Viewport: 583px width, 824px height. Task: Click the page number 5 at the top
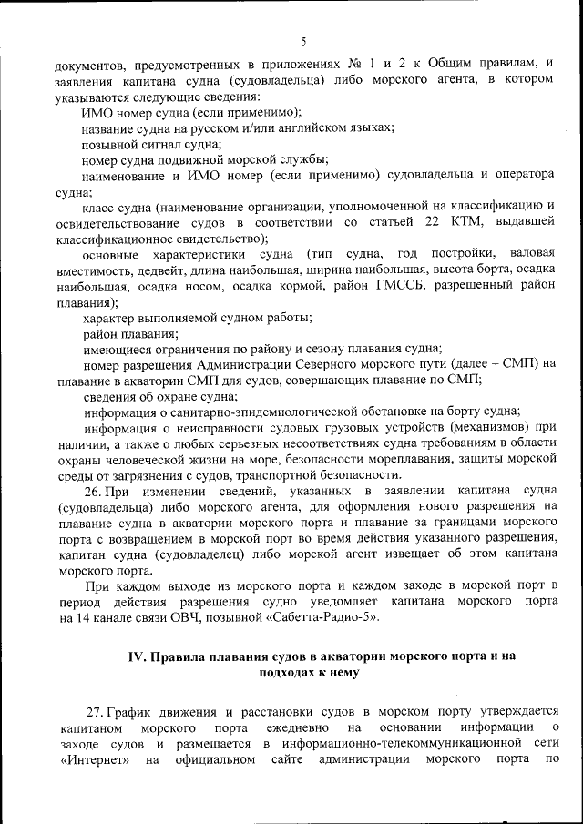tap(302, 40)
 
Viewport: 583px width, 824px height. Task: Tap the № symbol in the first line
tap(356, 66)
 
